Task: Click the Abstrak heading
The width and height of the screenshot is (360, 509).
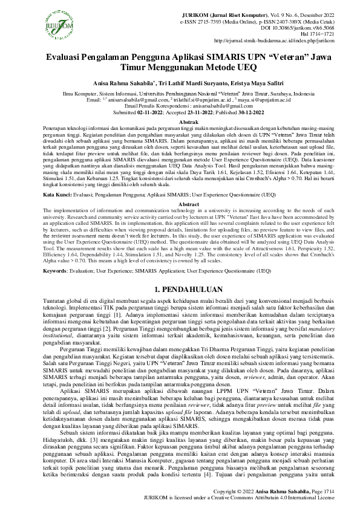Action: coord(180,122)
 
